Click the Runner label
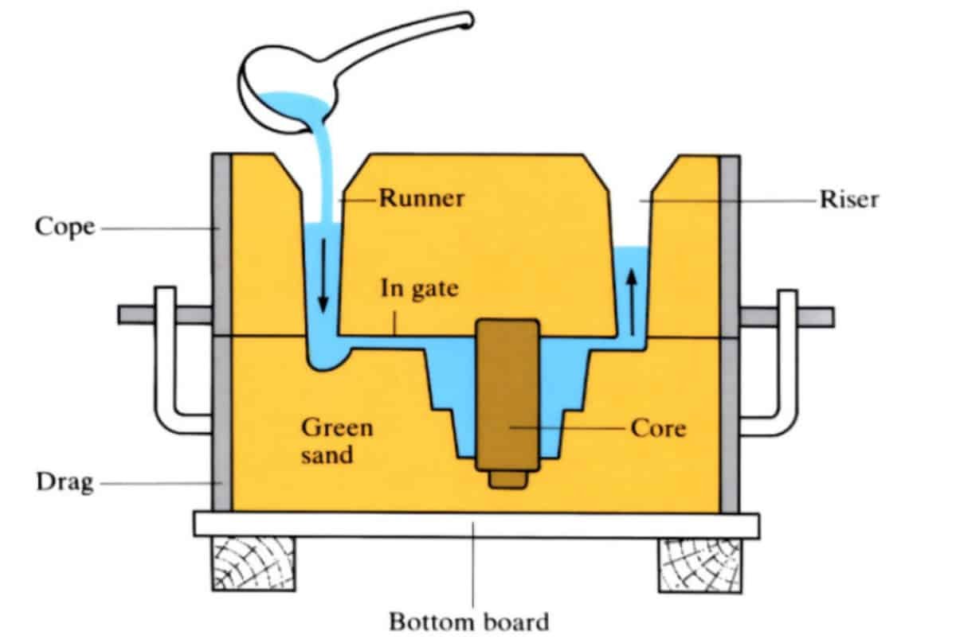click(421, 197)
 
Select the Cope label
click(64, 228)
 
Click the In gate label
click(419, 288)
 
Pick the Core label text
click(657, 428)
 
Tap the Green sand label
click(336, 442)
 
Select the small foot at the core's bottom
click(507, 481)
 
